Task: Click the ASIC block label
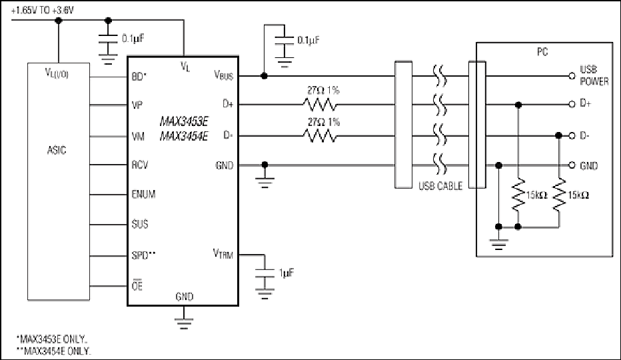[x=57, y=150]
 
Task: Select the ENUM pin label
[x=143, y=194]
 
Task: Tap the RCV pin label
[x=140, y=165]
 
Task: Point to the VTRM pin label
[x=223, y=254]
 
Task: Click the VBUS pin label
[x=224, y=75]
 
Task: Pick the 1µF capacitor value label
[x=287, y=273]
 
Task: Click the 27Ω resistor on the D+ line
[x=320, y=105]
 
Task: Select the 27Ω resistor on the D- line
[x=320, y=136]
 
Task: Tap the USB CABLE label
[x=440, y=186]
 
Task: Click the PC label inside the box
[x=542, y=52]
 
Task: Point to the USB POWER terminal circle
[x=572, y=76]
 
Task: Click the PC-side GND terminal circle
[x=572, y=165]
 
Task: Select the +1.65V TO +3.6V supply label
[x=43, y=11]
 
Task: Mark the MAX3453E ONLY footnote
[x=52, y=339]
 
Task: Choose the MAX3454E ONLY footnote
[x=54, y=351]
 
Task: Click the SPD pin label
[x=143, y=255]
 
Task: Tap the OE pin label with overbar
[x=137, y=285]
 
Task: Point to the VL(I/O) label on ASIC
[x=57, y=73]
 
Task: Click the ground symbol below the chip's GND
[x=184, y=323]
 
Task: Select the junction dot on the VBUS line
[x=264, y=76]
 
